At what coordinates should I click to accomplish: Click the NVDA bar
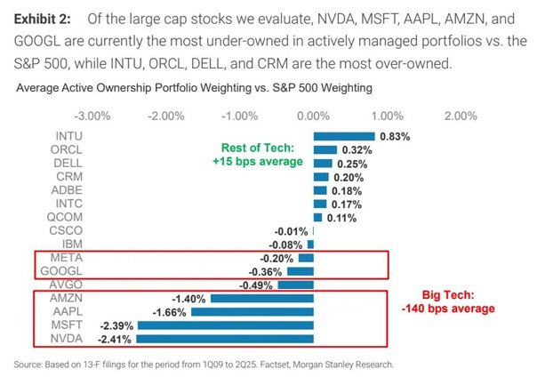225,338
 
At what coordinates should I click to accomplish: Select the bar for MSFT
226,325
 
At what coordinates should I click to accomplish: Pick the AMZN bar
262,298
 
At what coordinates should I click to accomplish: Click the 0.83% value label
394,136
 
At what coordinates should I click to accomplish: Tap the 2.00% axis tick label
460,116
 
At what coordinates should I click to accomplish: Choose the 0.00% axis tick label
313,116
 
